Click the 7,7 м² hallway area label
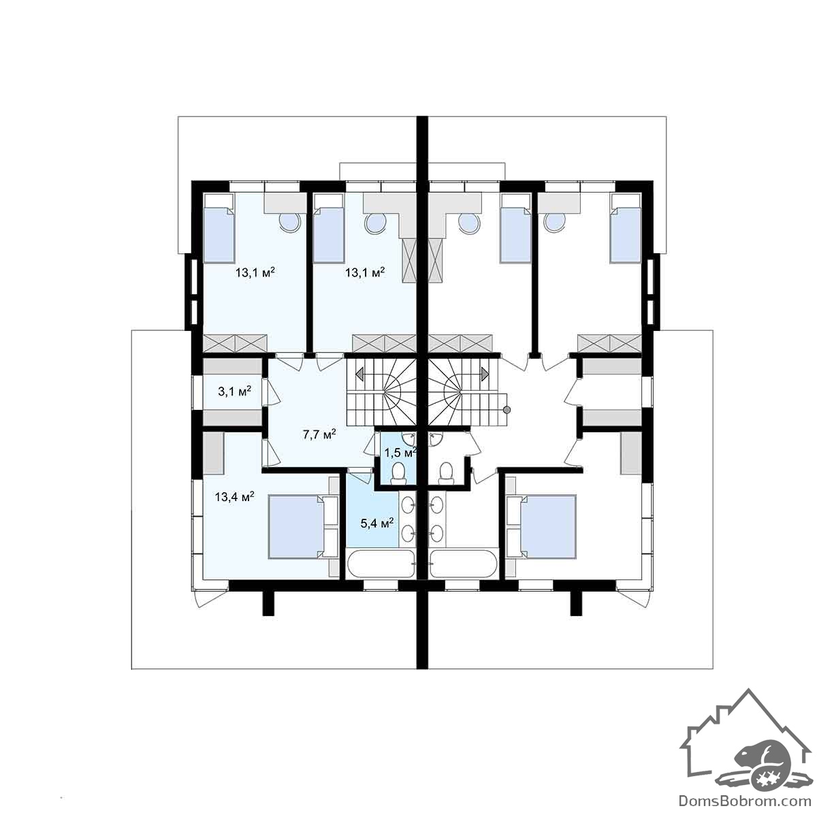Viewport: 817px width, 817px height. (320, 434)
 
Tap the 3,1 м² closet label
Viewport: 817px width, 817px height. (234, 391)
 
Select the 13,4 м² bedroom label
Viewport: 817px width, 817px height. (234, 496)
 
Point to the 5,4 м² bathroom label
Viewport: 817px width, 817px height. (377, 522)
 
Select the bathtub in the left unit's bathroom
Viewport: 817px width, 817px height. (381, 564)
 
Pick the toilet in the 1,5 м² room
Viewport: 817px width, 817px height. (398, 473)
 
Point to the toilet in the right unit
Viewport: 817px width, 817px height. (445, 473)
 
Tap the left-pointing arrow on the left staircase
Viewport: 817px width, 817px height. (360, 374)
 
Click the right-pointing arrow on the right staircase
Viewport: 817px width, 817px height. (484, 374)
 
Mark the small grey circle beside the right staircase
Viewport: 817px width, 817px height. (507, 410)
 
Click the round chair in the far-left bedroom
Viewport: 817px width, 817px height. (291, 221)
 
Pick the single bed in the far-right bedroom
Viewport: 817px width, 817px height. (625, 229)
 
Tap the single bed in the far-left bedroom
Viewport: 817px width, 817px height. (219, 229)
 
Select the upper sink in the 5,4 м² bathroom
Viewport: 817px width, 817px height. (408, 505)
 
